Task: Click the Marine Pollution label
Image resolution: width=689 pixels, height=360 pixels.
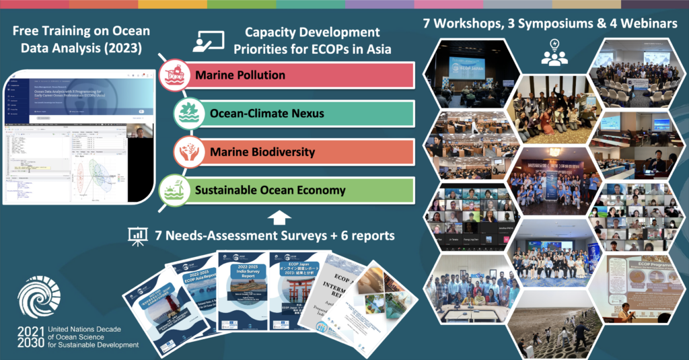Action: (240, 75)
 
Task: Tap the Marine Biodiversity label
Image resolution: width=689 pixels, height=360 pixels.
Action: (254, 151)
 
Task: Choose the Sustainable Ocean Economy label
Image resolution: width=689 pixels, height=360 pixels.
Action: (270, 190)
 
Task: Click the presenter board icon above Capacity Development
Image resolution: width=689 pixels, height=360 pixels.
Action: (208, 42)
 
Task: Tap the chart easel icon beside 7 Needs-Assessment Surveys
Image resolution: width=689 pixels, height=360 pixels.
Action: (138, 235)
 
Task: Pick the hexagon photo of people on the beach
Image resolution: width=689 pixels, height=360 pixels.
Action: (553, 330)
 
